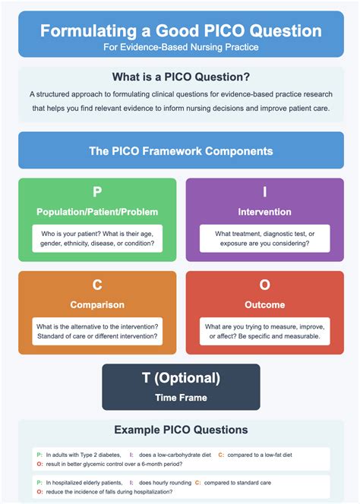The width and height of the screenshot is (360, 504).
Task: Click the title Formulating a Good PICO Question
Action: pos(180,32)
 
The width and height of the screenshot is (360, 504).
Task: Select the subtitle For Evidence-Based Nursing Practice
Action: pos(180,47)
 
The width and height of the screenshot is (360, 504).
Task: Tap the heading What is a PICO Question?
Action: pos(180,77)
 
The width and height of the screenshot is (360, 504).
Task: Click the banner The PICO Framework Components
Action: pos(180,150)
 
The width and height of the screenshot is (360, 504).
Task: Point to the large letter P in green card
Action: pos(97,193)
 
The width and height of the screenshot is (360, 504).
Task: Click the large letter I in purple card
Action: pos(265,193)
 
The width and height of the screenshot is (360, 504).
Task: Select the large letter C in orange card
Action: pos(97,285)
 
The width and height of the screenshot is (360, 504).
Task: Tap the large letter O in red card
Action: pos(265,285)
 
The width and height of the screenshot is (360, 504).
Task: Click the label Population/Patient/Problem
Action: pos(97,210)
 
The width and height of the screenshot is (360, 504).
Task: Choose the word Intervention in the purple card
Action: pos(265,210)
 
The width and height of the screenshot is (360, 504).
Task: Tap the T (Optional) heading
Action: pos(181,378)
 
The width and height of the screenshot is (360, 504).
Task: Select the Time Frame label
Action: pos(181,395)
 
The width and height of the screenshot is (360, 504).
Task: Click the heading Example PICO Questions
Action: pos(180,430)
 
